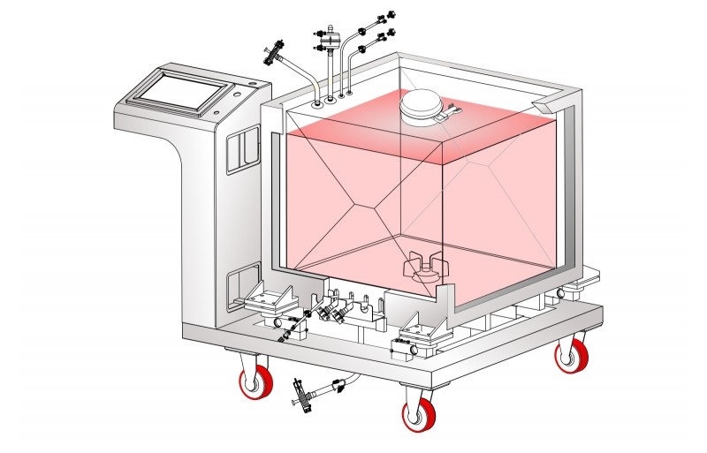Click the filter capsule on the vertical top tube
[328, 42]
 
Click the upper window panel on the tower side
[238, 152]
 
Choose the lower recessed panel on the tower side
[239, 287]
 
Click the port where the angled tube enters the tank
[315, 102]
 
